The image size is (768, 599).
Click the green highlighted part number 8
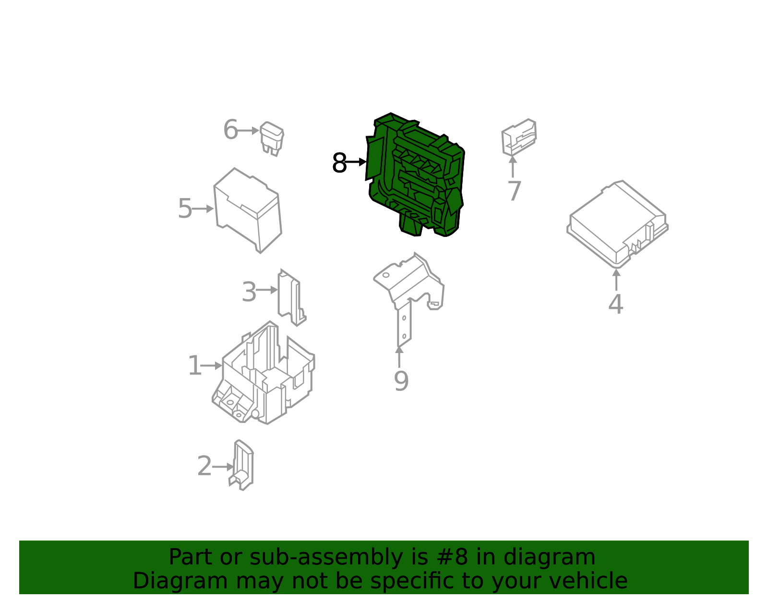pos(415,175)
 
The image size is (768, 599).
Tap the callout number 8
pos(339,163)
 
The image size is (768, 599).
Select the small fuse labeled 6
pos(272,139)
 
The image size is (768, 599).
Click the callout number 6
pos(231,130)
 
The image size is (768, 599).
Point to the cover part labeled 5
pos(247,211)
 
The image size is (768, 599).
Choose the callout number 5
pos(185,209)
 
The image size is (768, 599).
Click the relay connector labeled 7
pos(519,137)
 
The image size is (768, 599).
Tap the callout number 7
pos(514,191)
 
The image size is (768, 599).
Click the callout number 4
pos(616,304)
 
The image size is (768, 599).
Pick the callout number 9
pos(401,381)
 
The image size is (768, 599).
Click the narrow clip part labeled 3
pos(291,297)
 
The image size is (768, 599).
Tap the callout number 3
pos(249,292)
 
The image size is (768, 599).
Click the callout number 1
pos(195,366)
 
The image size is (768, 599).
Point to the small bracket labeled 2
pos(241,465)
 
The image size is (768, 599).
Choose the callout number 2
pos(204,466)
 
